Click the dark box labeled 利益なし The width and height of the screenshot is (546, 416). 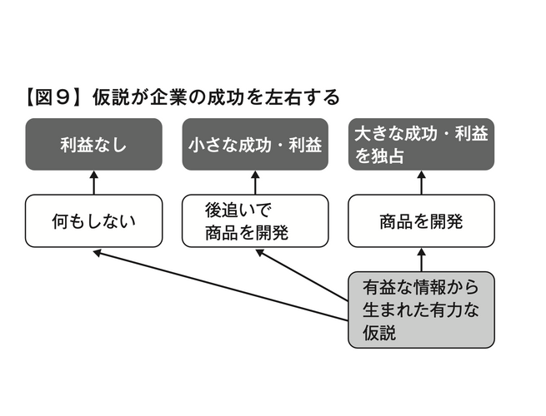(x=93, y=145)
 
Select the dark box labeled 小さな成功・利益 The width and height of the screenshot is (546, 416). (x=254, y=145)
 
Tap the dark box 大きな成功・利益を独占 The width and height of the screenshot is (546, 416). (x=420, y=145)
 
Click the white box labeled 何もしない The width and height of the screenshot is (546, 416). (x=93, y=221)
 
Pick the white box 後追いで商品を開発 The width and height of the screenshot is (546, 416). (x=254, y=221)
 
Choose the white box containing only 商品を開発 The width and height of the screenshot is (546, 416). (x=420, y=221)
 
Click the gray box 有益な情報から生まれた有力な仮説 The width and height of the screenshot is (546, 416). (x=420, y=310)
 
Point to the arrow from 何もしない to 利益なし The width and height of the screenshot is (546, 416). (x=93, y=182)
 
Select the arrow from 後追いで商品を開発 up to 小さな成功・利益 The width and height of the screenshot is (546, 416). (x=254, y=182)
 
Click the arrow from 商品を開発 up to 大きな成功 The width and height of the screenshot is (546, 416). (x=420, y=182)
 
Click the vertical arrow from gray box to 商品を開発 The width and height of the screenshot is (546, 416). (x=420, y=259)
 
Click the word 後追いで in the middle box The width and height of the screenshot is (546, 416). (x=238, y=210)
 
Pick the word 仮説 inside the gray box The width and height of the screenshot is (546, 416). (x=381, y=332)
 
